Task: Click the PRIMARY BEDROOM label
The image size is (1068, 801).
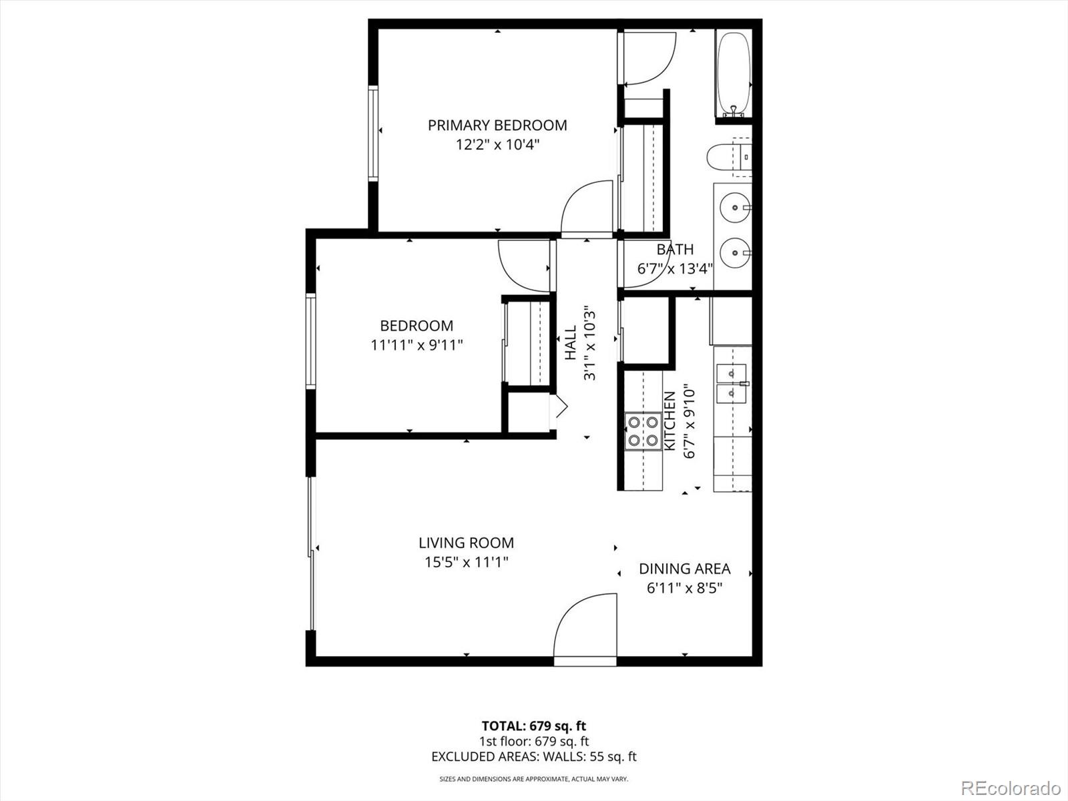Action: click(497, 125)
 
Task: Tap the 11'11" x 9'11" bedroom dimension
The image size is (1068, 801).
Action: click(417, 345)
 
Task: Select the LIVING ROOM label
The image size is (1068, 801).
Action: click(466, 543)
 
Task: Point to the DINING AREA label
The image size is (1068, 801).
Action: click(684, 569)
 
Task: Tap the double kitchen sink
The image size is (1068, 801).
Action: click(732, 384)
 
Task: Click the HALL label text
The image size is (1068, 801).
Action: click(571, 342)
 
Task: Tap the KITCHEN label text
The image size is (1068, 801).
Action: click(670, 420)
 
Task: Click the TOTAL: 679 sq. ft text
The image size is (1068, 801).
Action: click(533, 726)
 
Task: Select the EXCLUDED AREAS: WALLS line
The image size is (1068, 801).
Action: click(533, 756)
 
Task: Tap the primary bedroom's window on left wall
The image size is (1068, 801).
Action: click(373, 133)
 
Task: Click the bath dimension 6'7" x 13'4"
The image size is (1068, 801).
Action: click(675, 269)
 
